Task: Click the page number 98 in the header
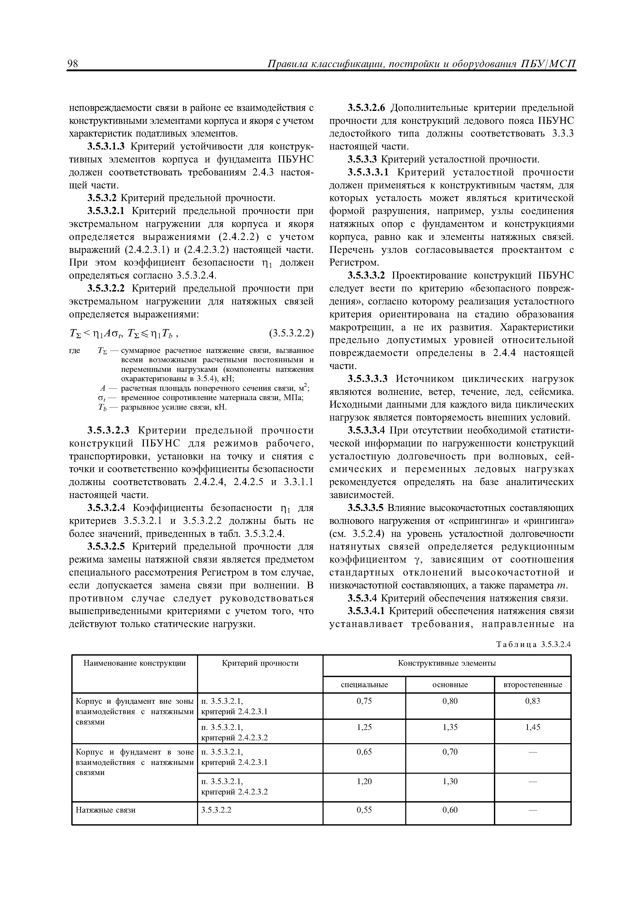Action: click(x=74, y=64)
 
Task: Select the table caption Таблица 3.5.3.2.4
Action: click(x=533, y=644)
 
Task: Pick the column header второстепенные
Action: click(x=533, y=685)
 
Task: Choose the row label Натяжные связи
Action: click(x=105, y=810)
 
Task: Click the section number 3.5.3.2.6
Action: click(x=368, y=108)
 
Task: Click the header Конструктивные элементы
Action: click(x=447, y=663)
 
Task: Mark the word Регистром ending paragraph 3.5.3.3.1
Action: click(x=354, y=262)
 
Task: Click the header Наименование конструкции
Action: click(x=135, y=663)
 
